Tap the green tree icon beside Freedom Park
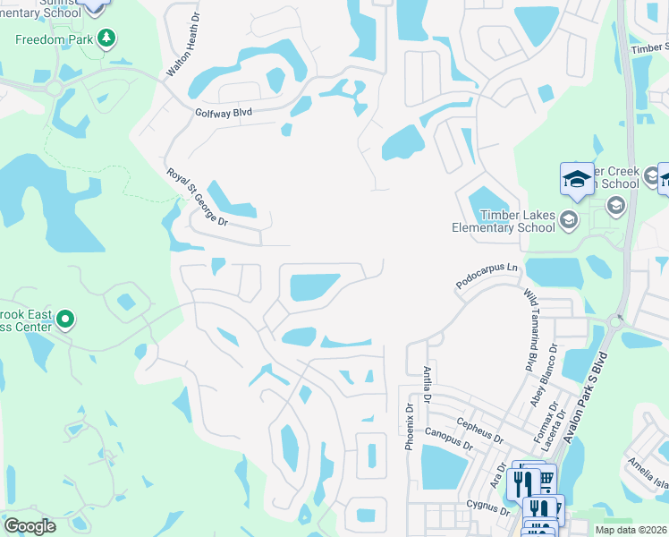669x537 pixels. click(107, 38)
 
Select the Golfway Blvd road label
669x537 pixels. click(224, 113)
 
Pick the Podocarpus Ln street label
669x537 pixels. click(487, 268)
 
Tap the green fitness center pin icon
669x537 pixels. click(64, 319)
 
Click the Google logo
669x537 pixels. click(30, 525)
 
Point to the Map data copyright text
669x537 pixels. click(631, 530)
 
